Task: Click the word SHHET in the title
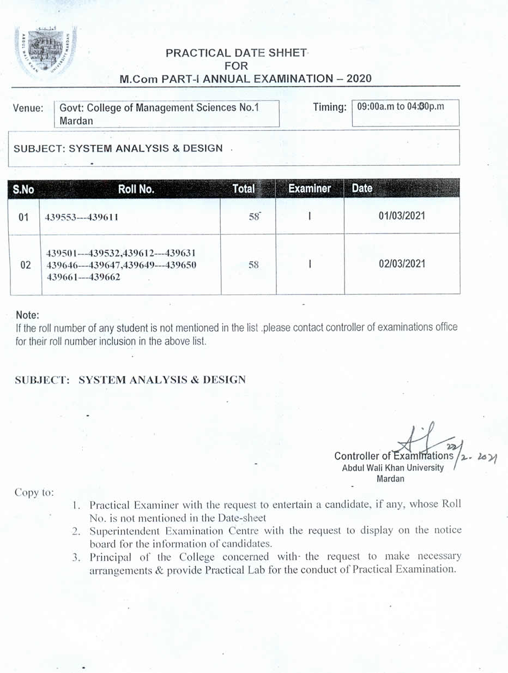click(288, 53)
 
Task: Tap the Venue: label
click(28, 109)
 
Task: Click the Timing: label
click(330, 107)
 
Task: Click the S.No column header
click(23, 189)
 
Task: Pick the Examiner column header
click(310, 189)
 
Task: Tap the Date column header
click(362, 189)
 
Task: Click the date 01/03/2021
click(402, 215)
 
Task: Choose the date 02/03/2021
click(402, 264)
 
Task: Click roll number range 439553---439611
click(83, 217)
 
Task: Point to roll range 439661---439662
click(83, 277)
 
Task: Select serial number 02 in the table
click(25, 266)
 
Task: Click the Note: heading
click(28, 315)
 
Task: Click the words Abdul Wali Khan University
click(392, 468)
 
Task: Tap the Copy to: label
click(34, 492)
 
